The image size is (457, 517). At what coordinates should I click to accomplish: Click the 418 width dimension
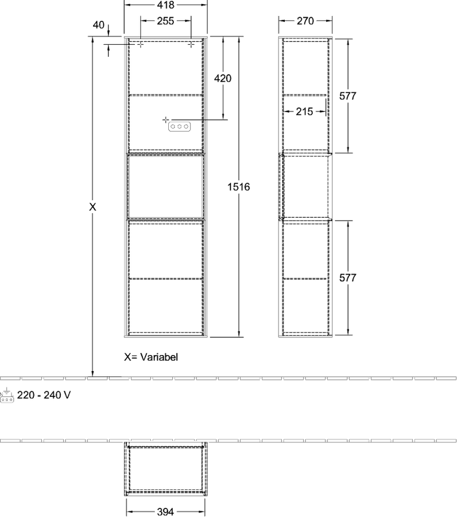click(165, 5)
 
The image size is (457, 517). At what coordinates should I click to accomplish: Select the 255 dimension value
click(165, 21)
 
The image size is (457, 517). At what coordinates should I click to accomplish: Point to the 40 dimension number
click(99, 25)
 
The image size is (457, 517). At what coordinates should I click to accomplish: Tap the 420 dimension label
click(223, 78)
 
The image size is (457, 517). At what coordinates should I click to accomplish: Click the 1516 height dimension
click(239, 187)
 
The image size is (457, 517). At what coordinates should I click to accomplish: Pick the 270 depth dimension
click(305, 21)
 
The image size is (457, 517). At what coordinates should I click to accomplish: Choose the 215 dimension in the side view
click(304, 111)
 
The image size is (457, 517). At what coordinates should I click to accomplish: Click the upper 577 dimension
click(348, 96)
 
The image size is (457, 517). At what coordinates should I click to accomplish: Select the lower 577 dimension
click(348, 277)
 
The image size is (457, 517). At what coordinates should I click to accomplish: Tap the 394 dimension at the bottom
click(165, 512)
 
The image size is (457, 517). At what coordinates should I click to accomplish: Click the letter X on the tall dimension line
click(92, 207)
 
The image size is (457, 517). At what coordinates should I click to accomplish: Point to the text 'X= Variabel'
click(151, 357)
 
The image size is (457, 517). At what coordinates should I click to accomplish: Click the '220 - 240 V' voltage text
click(44, 395)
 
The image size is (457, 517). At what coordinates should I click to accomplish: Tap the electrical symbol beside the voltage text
click(7, 396)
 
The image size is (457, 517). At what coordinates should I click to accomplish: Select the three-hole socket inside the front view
click(179, 126)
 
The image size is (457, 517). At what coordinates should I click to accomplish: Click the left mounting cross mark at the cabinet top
click(140, 44)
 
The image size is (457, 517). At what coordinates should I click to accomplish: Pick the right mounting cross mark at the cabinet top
click(191, 44)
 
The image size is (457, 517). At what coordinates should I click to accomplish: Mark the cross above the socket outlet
click(166, 119)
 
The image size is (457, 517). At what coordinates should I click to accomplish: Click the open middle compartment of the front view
click(165, 186)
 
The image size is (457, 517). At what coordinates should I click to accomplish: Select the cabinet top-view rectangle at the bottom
click(166, 468)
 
